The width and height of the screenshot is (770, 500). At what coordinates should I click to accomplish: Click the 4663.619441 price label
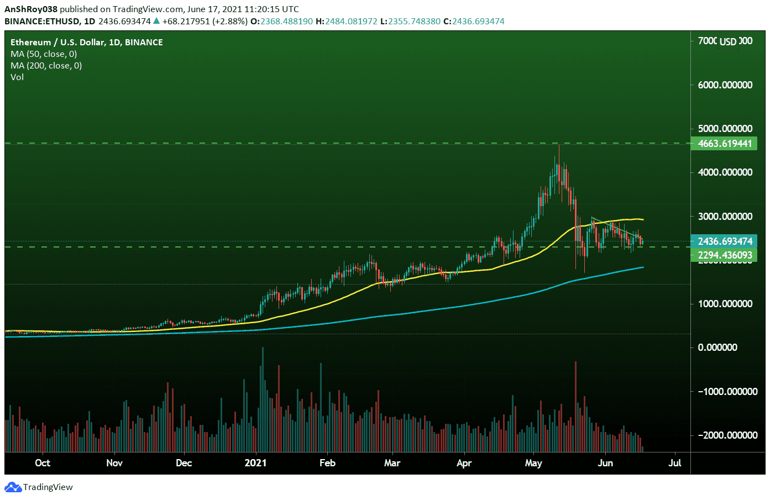coord(725,144)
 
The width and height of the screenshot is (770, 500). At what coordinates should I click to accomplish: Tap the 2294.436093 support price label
coord(725,255)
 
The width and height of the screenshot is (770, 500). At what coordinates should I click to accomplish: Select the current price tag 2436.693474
coord(725,241)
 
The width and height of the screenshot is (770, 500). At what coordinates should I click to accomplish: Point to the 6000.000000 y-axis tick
coord(725,85)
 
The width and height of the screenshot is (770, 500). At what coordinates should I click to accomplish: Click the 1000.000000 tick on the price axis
coord(725,304)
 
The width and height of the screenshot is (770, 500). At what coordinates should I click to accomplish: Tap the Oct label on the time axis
coord(43,463)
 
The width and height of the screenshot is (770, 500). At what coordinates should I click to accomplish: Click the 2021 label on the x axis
coord(255,463)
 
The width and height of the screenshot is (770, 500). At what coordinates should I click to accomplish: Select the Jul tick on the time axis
coord(675,463)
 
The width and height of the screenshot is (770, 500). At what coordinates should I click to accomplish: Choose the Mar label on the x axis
coord(392,463)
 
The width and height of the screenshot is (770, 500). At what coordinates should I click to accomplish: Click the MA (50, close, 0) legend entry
coord(44,54)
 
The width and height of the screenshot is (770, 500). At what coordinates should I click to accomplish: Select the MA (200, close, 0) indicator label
coord(46,66)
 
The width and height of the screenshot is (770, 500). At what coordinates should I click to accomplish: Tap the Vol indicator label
coord(17,77)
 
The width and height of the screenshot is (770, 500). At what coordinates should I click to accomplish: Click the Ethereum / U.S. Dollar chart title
coord(86,43)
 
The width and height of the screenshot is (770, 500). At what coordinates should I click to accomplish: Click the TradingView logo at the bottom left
coord(39,487)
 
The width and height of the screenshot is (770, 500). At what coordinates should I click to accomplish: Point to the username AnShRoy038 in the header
coord(31,9)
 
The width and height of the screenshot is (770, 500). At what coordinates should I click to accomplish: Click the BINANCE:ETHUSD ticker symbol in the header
coord(41,22)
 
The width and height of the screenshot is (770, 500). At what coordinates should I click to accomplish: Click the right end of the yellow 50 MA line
coord(642,220)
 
